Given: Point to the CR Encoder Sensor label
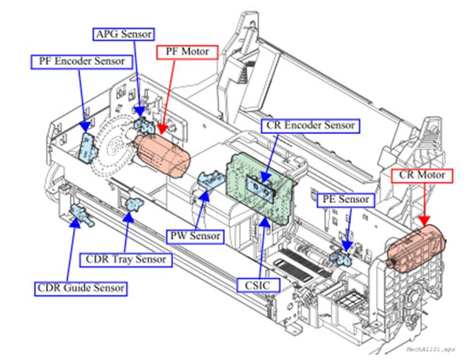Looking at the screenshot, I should pyautogui.click(x=311, y=125).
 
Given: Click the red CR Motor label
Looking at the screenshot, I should pyautogui.click(x=422, y=175).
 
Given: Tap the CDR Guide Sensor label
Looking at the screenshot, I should pyautogui.click(x=81, y=289).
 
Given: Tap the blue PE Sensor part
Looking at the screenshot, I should pyautogui.click(x=339, y=253).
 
